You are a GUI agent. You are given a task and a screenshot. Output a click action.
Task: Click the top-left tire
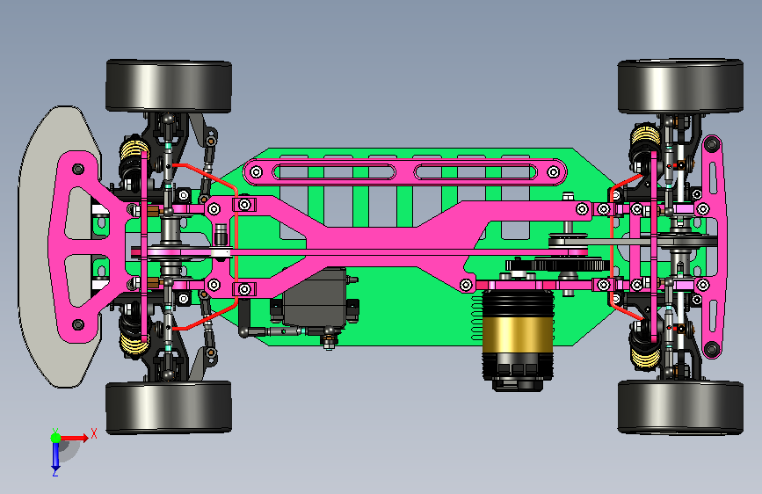coord(169,86)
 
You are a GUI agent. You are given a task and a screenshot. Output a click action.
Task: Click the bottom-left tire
coord(169,407)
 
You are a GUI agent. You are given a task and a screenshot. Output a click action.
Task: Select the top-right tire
coord(680,86)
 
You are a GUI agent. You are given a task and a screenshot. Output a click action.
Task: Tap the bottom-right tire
coord(680,407)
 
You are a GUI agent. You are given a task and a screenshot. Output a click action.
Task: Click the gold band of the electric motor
coord(518,335)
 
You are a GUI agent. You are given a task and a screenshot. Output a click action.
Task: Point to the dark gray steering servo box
coord(315,297)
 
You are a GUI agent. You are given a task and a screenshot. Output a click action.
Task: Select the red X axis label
coord(94,433)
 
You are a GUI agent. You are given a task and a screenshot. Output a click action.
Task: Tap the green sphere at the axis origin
coord(56,438)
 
